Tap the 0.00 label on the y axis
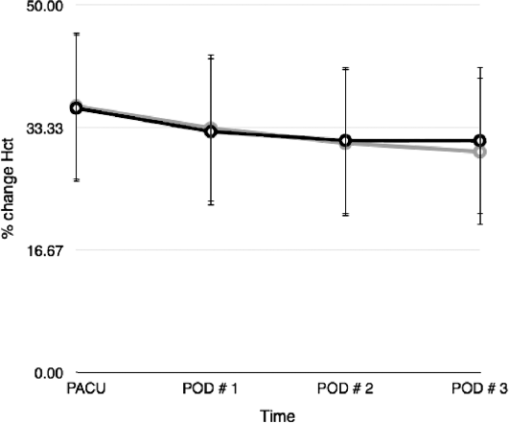pos(49,373)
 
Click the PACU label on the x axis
pos(86,388)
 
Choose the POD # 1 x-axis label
pos(210,388)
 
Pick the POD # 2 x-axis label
pos(345,388)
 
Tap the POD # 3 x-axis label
pos(480,388)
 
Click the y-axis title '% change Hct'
pos(8,188)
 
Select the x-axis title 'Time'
pos(278,416)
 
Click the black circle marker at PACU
pos(77,108)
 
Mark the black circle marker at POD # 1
pos(211,131)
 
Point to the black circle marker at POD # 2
pos(345,141)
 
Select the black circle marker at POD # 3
pos(480,141)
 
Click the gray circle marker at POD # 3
pos(480,152)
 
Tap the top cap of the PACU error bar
pos(77,34)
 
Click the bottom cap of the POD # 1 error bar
pos(211,204)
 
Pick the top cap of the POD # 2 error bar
pos(345,68)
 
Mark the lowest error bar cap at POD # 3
pos(480,224)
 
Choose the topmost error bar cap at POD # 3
pos(480,67)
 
